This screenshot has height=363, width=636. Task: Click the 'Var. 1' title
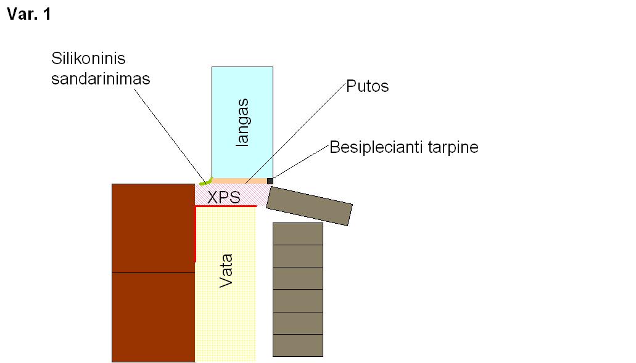[29, 14]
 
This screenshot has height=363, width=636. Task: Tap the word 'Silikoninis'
[88, 59]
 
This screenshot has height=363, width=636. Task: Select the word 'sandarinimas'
[101, 79]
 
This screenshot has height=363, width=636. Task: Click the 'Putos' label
[368, 86]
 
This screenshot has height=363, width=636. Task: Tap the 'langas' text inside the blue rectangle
[242, 123]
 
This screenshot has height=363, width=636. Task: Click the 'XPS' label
[224, 197]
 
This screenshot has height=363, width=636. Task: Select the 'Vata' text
[226, 271]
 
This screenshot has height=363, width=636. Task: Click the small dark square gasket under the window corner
[270, 181]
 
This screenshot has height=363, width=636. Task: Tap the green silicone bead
[206, 181]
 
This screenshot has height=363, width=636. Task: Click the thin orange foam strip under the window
[239, 181]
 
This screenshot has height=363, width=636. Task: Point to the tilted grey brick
[310, 206]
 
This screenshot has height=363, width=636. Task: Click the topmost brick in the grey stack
[298, 234]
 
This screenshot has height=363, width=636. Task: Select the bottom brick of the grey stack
[298, 345]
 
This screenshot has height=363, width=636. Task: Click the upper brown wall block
[154, 228]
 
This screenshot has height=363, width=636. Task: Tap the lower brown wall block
[154, 317]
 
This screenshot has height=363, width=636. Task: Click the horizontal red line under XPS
[226, 206]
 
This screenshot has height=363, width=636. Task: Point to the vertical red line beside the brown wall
[196, 234]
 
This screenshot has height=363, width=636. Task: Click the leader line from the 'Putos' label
[295, 133]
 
